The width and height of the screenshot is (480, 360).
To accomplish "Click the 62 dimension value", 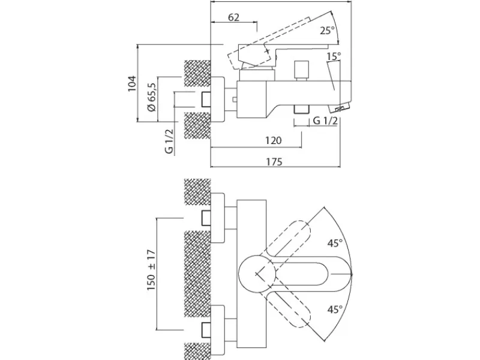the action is pos(233,17).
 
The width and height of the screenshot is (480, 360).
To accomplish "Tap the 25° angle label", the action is pos(328,31).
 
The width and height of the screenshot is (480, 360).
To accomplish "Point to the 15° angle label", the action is pos(334,56).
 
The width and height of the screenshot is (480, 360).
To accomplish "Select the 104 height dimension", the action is pos(131,83).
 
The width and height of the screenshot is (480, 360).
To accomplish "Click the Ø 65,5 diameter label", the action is pos(152,97).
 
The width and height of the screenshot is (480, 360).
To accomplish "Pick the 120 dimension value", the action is pos(273,140).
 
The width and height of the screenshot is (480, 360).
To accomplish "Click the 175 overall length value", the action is pos(274,161).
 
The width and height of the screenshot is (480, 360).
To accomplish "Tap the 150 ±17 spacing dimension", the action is pos(151,271).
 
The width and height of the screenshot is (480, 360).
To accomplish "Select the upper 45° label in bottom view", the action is pos(335,244).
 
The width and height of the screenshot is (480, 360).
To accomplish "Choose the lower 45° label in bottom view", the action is pos(335,310).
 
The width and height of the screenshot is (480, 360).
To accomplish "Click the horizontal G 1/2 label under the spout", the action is pos(325,121).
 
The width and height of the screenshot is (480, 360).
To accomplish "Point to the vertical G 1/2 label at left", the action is pos(169,141).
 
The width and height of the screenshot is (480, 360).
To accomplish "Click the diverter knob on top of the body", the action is pos(301,71).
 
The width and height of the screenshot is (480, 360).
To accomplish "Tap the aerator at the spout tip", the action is pos(339,108).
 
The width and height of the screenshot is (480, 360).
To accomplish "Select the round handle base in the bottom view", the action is pos(258,272).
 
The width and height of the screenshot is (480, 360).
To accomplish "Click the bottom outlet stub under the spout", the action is pos(301,110).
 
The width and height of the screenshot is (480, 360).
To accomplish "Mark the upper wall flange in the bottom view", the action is pos(218,218).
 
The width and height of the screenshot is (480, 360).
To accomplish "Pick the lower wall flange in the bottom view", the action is pos(218,330).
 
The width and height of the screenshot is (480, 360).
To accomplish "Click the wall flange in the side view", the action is pos(218,100).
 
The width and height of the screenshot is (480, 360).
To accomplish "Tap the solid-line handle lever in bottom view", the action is pos(309,272).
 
